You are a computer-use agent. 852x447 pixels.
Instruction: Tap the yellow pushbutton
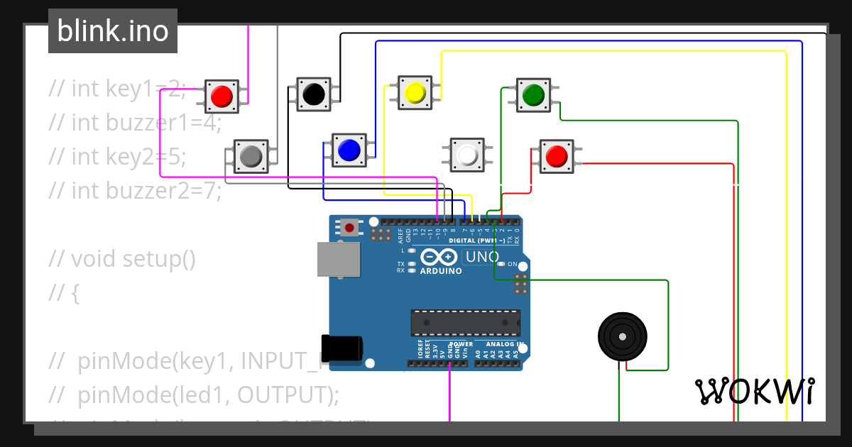415,92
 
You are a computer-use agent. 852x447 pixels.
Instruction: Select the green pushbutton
533,94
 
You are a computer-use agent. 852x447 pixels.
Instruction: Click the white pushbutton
467,155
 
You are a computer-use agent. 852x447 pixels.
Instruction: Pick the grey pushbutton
251,155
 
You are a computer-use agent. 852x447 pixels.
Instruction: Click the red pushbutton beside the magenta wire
222,95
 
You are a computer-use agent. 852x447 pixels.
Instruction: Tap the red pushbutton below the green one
557,155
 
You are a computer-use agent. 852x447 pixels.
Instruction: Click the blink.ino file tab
113,31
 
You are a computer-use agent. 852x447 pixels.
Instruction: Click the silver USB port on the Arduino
337,260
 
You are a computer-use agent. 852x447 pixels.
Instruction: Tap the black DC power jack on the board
342,346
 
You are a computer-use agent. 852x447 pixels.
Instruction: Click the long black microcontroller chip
465,322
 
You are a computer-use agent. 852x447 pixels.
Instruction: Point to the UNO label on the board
482,257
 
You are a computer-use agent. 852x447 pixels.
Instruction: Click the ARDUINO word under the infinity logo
441,271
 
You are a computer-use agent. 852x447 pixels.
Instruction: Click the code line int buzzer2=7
135,190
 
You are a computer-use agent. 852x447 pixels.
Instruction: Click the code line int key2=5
118,156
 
